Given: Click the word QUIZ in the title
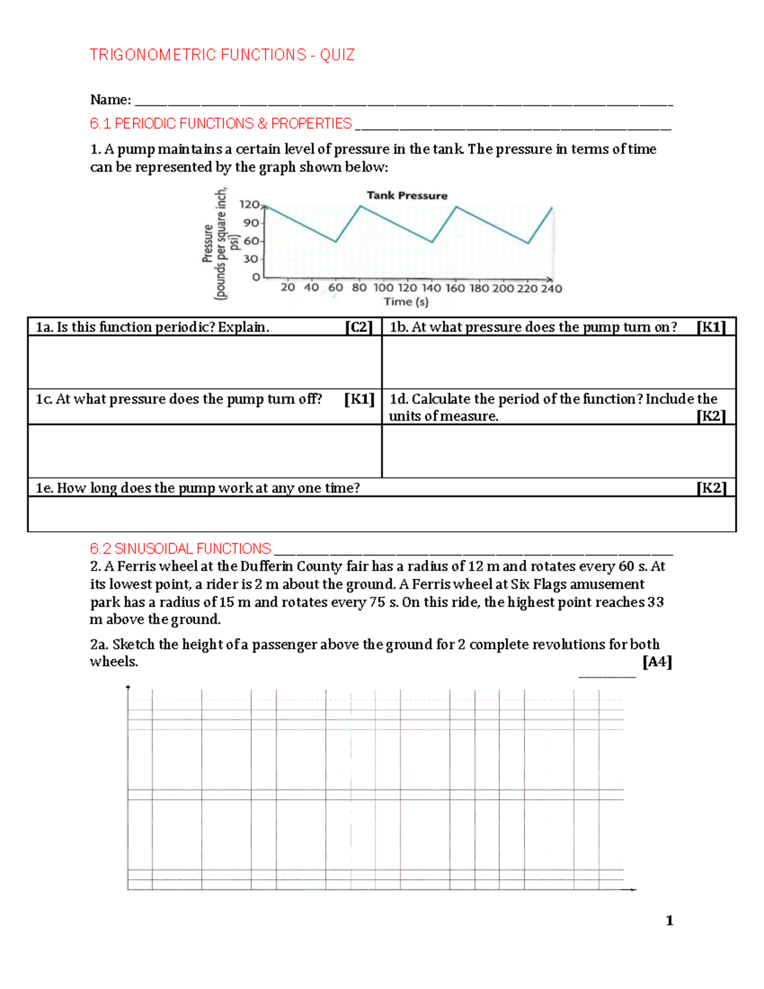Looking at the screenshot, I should coord(337,55).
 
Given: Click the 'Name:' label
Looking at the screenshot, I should coord(110,100).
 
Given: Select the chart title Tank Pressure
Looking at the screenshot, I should coord(407,196).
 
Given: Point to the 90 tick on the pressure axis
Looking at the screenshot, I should coord(250,223).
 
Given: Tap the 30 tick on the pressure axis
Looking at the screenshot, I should coord(250,259).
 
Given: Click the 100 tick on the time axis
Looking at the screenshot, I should coord(383,288).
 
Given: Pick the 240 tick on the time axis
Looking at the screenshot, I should coord(551,288).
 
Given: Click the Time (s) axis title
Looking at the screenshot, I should coord(406,302).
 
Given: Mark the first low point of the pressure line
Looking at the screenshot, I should coord(336,241).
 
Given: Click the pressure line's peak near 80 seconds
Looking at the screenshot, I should coord(360,206).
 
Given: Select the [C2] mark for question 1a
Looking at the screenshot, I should coord(358,327).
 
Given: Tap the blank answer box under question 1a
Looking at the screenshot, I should coord(204,362).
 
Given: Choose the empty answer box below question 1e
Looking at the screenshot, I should coord(381,513).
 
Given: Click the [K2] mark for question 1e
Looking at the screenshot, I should coord(711,488).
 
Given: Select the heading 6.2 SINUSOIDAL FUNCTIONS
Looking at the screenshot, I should coord(180,549).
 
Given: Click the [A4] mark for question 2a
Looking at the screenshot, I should coord(657,662).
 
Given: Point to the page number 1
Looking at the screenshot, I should coord(669,920).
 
